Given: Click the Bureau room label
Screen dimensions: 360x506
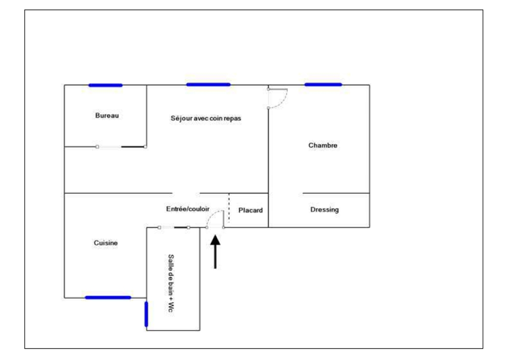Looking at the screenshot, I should (x=107, y=116).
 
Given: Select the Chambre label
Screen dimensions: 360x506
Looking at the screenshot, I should (x=322, y=145).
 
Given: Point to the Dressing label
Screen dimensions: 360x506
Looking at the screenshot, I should (x=324, y=210).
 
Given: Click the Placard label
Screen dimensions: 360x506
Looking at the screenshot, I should (x=250, y=211).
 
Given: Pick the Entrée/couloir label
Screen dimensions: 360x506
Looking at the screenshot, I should (x=188, y=210).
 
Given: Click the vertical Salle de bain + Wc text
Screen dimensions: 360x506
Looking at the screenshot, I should (x=170, y=283).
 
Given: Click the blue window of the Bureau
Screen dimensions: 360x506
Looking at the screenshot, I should (x=105, y=85).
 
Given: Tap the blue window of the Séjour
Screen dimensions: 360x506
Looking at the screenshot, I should (x=208, y=84).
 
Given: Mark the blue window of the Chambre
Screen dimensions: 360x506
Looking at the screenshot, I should (x=323, y=84).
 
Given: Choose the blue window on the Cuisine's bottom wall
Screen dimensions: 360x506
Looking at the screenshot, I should (x=108, y=297).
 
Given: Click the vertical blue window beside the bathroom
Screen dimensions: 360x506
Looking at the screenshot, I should (x=146, y=314).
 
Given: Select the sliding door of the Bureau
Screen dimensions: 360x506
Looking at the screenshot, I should (x=121, y=146).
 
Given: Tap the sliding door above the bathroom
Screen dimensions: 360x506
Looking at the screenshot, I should (x=173, y=227).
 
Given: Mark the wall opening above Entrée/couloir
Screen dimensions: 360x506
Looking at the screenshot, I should (x=186, y=193).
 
